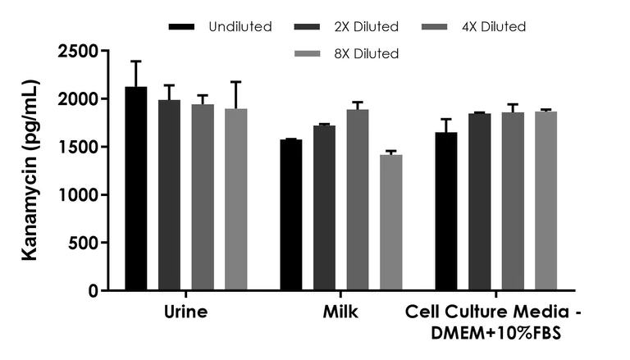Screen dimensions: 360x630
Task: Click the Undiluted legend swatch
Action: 182,28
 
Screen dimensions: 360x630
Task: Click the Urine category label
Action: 185,312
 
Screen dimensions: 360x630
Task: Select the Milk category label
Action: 340,312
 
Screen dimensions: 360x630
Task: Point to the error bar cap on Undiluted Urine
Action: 136,61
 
